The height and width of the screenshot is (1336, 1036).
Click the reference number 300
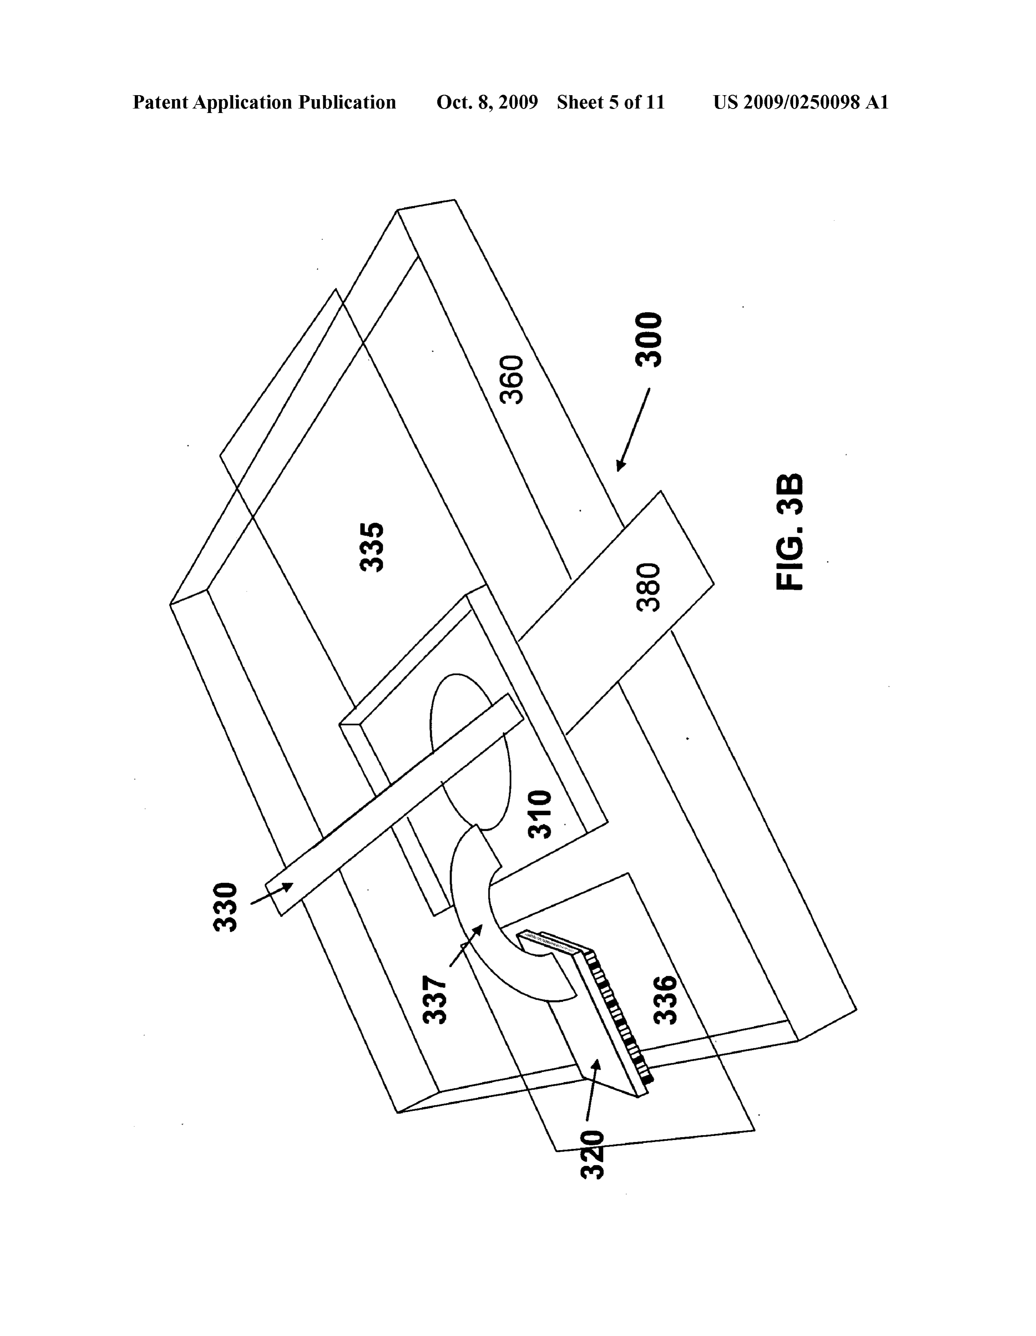[649, 340]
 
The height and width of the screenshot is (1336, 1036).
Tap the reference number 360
[512, 379]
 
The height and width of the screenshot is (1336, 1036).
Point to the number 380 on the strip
[648, 587]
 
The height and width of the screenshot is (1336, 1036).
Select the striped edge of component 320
[618, 1020]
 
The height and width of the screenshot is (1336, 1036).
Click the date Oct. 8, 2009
[487, 102]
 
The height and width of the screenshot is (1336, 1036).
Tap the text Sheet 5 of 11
[610, 102]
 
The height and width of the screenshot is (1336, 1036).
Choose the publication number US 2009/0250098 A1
[800, 102]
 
